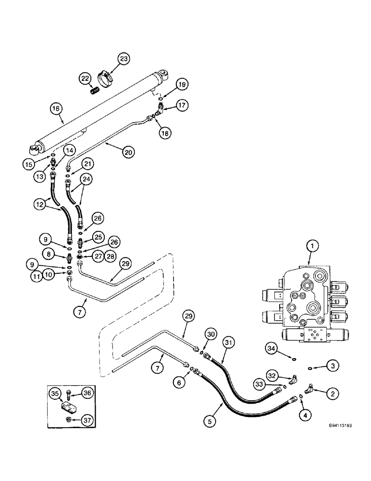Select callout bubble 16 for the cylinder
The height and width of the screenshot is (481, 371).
(x=56, y=109)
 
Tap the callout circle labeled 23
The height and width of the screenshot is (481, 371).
(x=124, y=60)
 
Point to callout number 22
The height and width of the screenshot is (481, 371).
(x=85, y=79)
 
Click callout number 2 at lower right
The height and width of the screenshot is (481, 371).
(x=330, y=393)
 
